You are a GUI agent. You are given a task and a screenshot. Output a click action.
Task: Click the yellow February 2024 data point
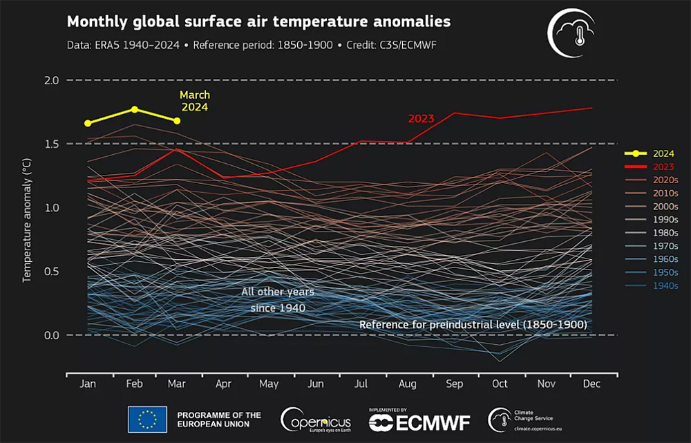pos(135,109)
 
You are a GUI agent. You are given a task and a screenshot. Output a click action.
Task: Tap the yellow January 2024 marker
pos(88,124)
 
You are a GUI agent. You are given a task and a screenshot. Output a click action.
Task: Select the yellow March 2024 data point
pos(177,121)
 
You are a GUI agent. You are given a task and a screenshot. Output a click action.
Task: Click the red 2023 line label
pos(421,119)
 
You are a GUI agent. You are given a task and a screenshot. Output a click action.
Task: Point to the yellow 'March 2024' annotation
pos(195,101)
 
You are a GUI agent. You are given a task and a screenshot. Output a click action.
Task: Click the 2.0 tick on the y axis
pos(52,80)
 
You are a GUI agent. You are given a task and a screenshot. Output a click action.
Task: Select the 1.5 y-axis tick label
pos(52,144)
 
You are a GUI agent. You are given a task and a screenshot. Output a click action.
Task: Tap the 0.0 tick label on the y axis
pos(52,335)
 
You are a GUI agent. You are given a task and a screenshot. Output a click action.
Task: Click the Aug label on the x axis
pos(407,384)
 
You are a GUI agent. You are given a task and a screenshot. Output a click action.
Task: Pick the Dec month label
pos(591,384)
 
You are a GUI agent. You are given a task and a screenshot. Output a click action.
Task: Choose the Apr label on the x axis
pos(223,384)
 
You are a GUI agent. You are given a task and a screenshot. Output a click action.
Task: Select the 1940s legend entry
pos(652,285)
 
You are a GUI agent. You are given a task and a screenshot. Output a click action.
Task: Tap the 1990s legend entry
pos(652,220)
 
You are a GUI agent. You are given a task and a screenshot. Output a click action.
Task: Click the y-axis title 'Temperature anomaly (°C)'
pos(27,220)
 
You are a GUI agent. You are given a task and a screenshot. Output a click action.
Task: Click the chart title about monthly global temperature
pos(258,21)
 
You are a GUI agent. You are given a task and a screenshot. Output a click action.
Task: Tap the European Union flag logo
pos(147,420)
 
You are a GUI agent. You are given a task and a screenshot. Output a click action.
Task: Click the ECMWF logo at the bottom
pos(419,420)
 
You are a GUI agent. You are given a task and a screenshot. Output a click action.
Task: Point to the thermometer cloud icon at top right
pos(571,33)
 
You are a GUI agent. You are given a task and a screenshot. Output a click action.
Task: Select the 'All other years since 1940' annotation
pos(278,300)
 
